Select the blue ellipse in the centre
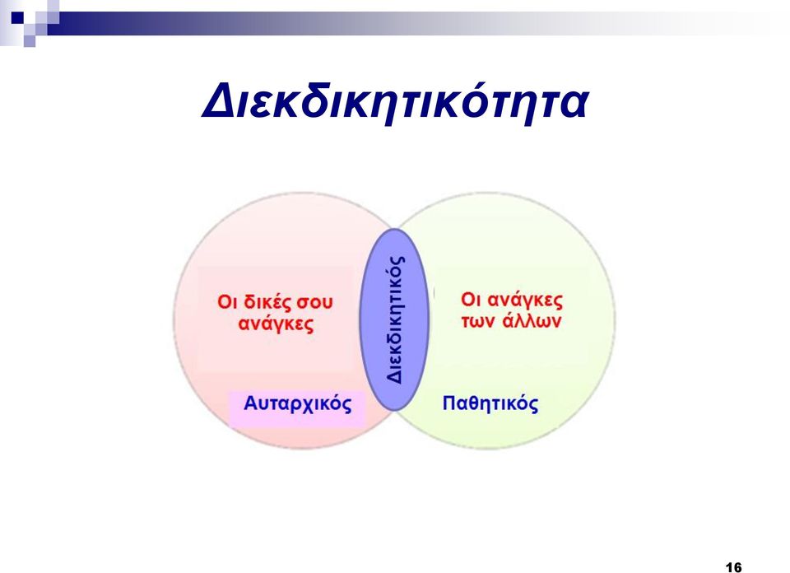(394, 319)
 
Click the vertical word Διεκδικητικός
(396, 319)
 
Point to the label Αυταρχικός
(297, 403)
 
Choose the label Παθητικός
(490, 403)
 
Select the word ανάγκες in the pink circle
(276, 324)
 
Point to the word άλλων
(532, 320)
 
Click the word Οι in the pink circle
(227, 302)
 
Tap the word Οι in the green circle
(471, 300)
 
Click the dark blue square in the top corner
(17, 18)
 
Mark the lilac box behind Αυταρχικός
(297, 408)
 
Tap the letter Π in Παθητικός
(449, 403)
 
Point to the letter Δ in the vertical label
(396, 376)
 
